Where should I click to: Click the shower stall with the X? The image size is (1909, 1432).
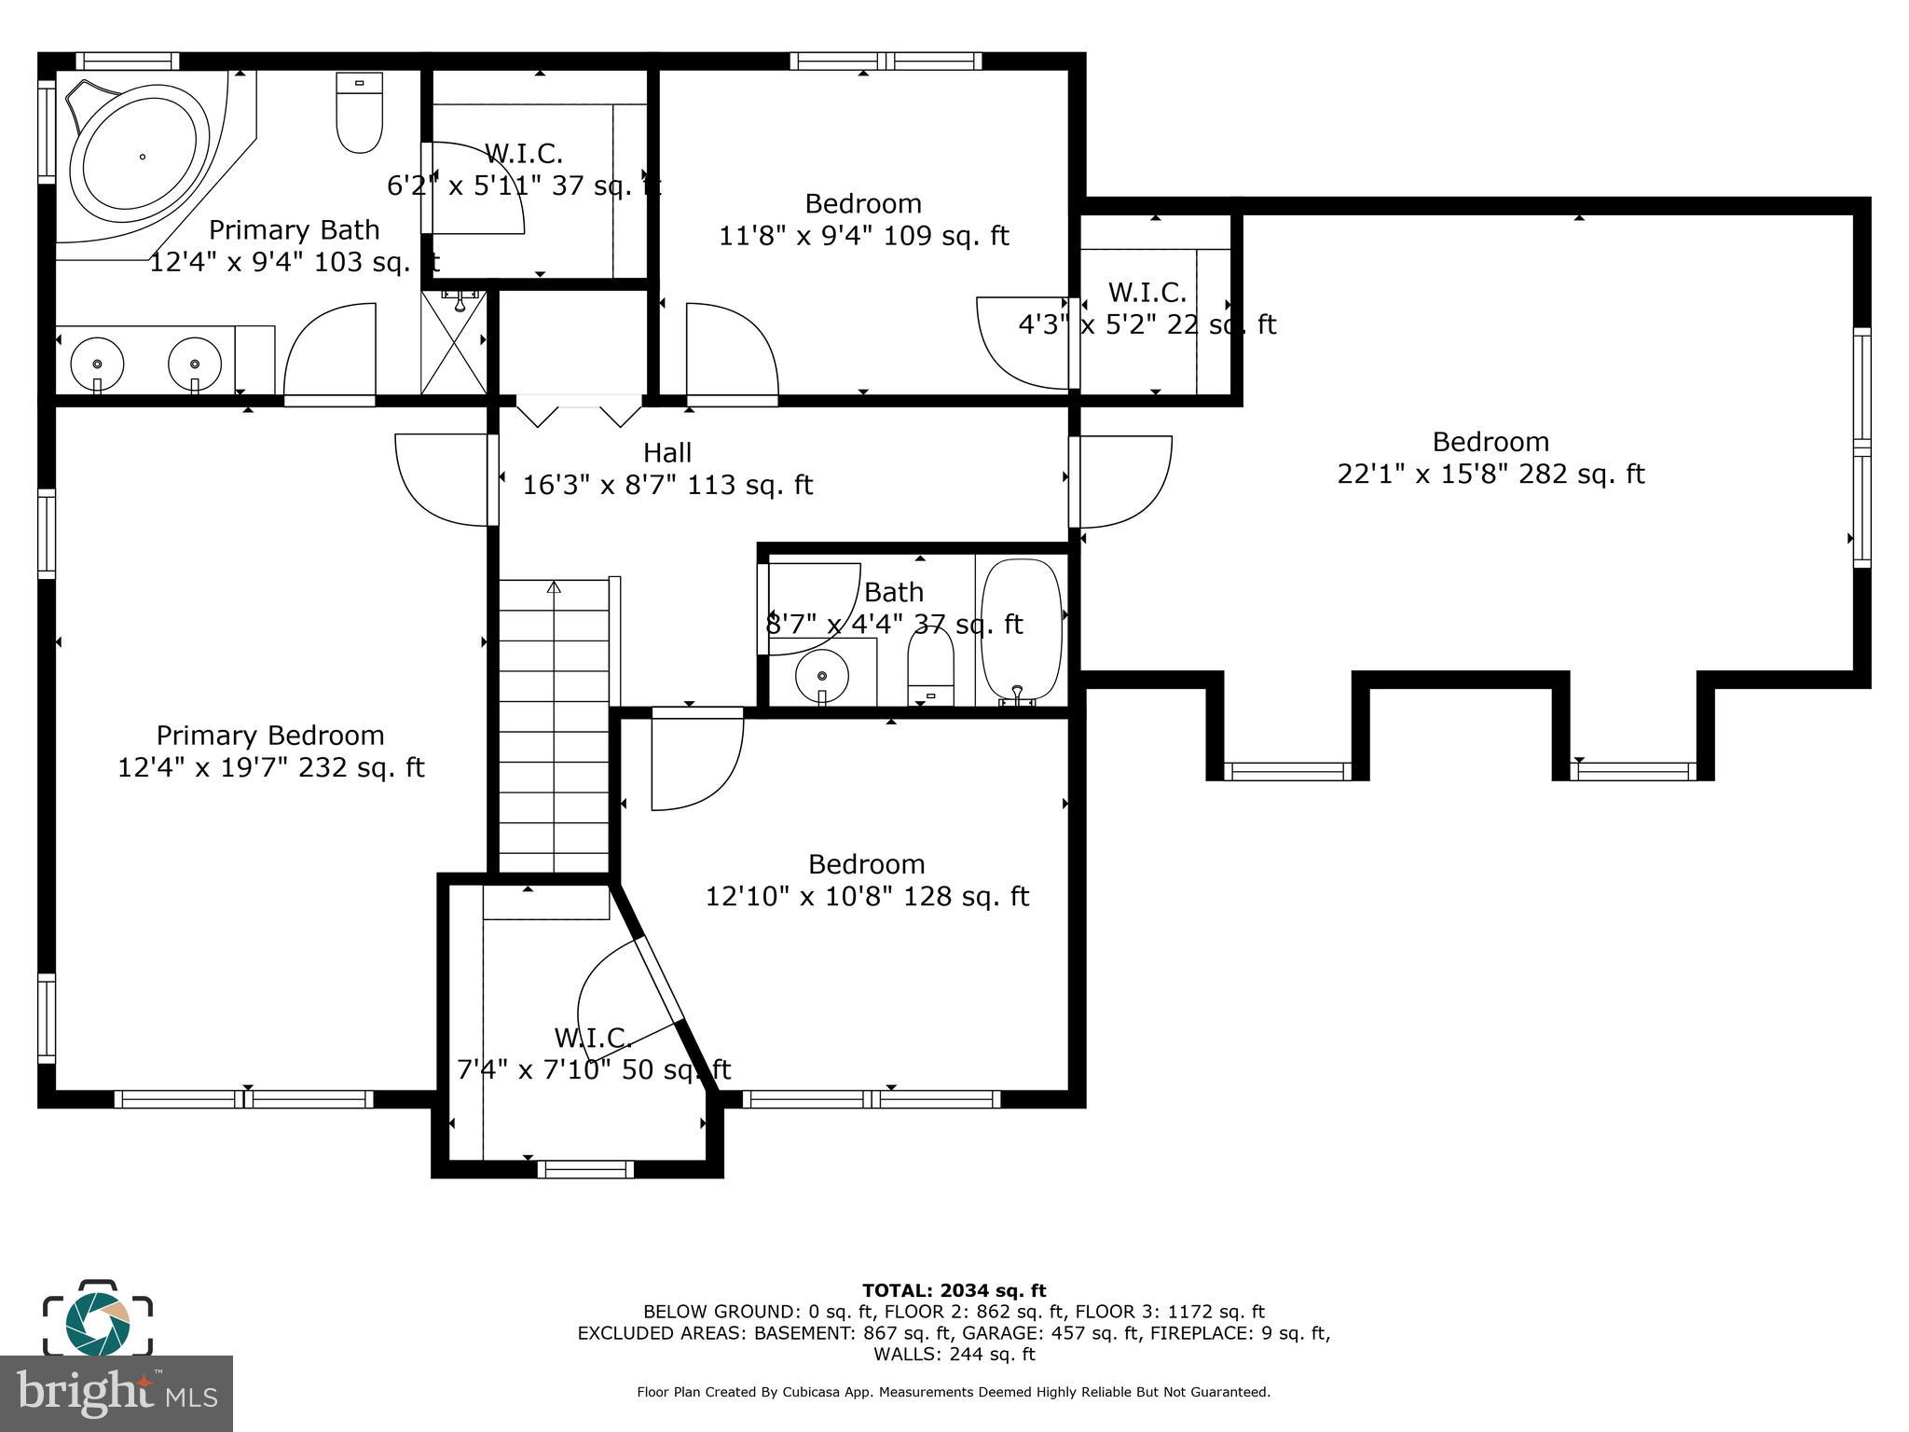454,343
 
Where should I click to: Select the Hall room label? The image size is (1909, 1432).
667,453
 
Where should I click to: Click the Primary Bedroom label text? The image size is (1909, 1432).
270,736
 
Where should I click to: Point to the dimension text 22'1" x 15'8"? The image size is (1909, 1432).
1422,475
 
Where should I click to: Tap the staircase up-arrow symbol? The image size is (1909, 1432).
554,587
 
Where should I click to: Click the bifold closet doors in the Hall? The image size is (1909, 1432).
579,411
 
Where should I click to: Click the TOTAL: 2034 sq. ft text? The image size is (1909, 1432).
954,1291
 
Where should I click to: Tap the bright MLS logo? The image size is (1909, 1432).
116,1393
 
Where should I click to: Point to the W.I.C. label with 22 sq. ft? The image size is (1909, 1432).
1147,293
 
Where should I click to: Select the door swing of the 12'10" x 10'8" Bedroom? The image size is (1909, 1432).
694,760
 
